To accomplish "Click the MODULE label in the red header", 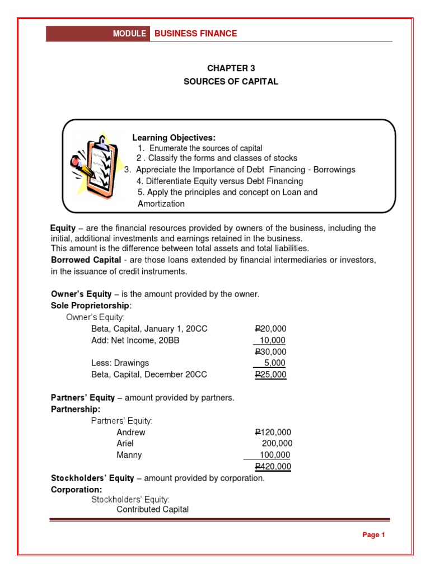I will coord(129,34).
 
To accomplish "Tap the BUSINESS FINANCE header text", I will coord(195,34).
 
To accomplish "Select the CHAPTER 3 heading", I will coord(231,68).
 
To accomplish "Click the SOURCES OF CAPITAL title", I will coord(231,82).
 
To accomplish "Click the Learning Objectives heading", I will coord(174,138).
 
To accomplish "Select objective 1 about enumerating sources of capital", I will coord(200,148).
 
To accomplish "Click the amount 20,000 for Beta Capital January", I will coord(270,329).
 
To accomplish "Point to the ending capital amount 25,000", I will coord(270,374).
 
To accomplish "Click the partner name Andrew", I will coord(131,433).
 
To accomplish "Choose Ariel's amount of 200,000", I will coord(277,444).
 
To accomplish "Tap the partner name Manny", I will coord(129,455).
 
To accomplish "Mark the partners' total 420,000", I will coord(273,467).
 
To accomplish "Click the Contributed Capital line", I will coord(152,509).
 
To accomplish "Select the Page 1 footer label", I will coord(373,535).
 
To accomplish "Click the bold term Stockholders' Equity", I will coord(92,478).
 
